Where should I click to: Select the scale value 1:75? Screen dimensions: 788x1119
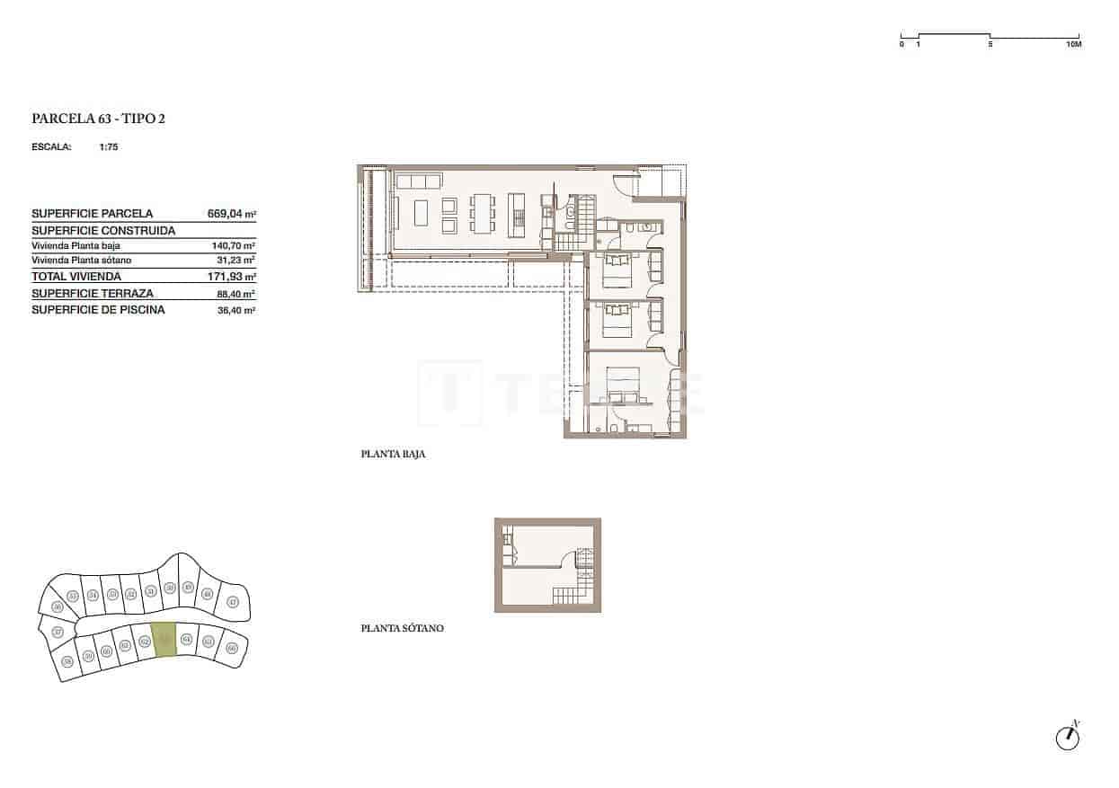[x=109, y=147]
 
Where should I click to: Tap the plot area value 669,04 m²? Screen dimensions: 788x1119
[x=231, y=214]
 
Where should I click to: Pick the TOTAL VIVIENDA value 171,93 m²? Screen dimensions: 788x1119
[x=231, y=277]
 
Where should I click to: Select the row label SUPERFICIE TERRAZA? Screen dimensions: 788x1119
[x=92, y=294]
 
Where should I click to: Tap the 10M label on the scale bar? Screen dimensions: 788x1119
[x=1072, y=44]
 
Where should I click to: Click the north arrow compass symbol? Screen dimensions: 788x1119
[x=1067, y=736]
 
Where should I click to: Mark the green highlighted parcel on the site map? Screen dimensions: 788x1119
[x=164, y=640]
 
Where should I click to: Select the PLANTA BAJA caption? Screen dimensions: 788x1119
[x=393, y=455]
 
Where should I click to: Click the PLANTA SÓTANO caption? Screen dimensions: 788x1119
[x=402, y=629]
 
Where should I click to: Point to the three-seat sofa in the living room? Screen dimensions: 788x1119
[x=419, y=182]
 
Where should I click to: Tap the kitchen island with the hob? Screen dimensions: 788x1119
[x=517, y=213]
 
